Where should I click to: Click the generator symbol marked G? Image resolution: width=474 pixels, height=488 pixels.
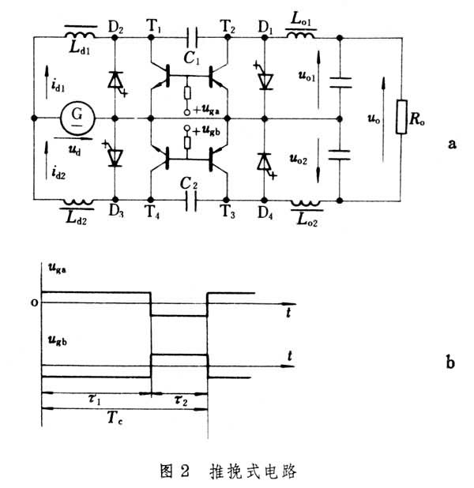coord(76,118)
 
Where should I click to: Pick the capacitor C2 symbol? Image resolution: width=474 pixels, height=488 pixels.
coord(190,201)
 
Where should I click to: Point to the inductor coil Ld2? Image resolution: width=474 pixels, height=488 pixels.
coord(78,203)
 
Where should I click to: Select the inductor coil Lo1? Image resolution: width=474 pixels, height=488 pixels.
coord(301,35)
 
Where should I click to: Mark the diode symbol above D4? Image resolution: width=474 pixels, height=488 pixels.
coord(264,161)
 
